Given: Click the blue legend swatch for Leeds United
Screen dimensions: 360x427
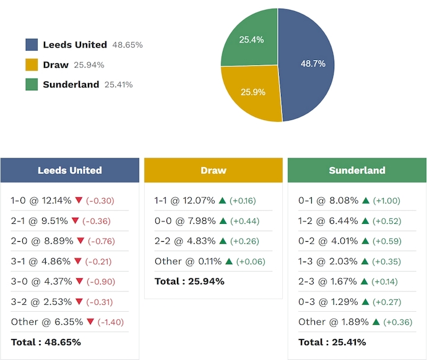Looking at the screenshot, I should click(x=32, y=45).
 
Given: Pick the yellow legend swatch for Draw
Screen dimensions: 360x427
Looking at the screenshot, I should click(x=32, y=65).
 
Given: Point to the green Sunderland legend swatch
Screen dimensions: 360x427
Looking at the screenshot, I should click(x=32, y=85).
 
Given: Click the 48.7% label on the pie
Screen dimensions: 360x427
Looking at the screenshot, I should click(x=313, y=64).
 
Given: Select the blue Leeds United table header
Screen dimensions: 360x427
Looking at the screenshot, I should click(x=70, y=170).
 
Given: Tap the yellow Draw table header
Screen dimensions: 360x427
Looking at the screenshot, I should click(x=213, y=170).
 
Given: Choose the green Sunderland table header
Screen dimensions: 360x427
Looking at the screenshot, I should click(x=357, y=170).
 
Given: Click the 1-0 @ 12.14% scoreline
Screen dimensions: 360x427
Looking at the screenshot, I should click(x=40, y=200).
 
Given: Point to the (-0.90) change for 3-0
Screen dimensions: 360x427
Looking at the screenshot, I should click(x=100, y=281).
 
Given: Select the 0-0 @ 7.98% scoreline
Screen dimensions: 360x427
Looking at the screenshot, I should click(x=184, y=221).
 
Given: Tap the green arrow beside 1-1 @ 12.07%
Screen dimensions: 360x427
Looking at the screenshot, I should click(x=222, y=200).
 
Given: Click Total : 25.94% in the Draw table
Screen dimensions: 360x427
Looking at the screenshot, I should click(x=189, y=281).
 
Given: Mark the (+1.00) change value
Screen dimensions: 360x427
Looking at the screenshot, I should click(x=386, y=200).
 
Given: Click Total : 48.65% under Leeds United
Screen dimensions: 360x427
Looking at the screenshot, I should click(x=46, y=342).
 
